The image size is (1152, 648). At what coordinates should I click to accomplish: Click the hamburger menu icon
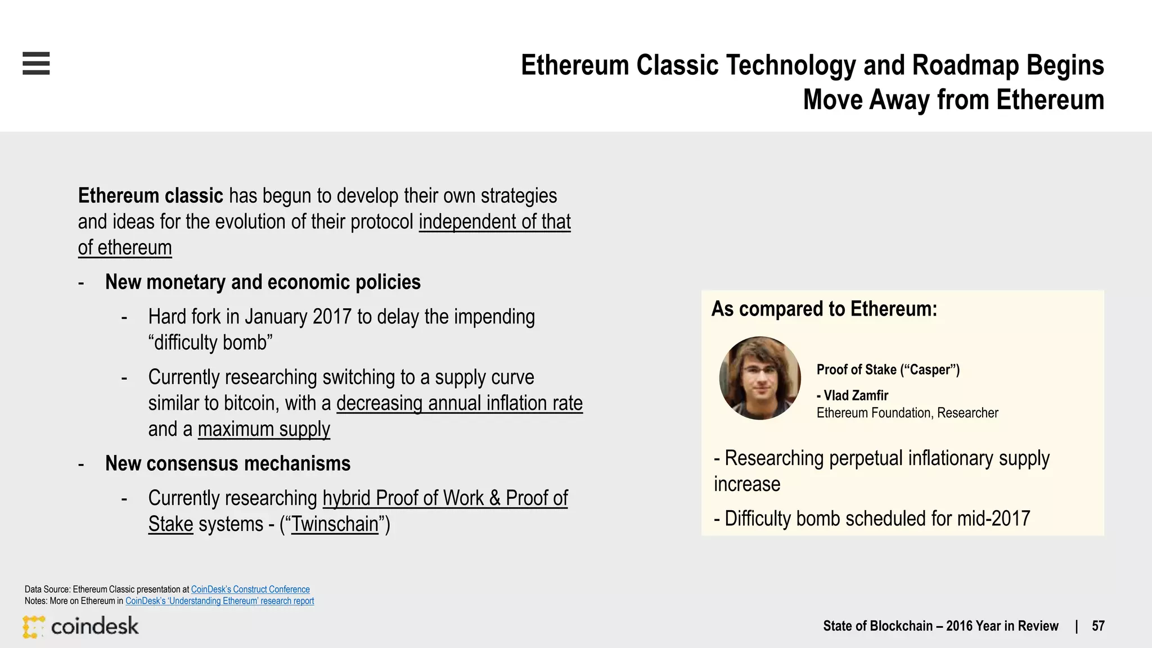36,63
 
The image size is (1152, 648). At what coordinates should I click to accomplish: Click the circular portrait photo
760,378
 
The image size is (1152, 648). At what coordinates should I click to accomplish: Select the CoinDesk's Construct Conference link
250,589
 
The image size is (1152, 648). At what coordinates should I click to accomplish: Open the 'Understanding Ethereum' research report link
219,601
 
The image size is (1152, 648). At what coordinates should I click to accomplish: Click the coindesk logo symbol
33,627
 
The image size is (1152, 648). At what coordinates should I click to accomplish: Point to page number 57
1098,626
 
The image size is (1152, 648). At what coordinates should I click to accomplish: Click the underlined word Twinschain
335,524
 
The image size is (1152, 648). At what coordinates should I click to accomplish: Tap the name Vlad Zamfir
856,395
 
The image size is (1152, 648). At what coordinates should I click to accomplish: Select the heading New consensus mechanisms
228,463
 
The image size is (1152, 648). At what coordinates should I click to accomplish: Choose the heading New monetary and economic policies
263,282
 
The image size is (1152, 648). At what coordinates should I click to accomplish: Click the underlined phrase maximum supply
264,429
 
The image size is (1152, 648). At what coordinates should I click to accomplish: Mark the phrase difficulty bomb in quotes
210,343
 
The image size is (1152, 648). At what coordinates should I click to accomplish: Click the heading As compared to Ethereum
824,309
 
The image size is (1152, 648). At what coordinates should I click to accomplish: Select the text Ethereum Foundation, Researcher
907,413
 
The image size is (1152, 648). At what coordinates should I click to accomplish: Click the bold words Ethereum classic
151,196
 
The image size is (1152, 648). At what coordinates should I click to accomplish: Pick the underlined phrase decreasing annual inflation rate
459,403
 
